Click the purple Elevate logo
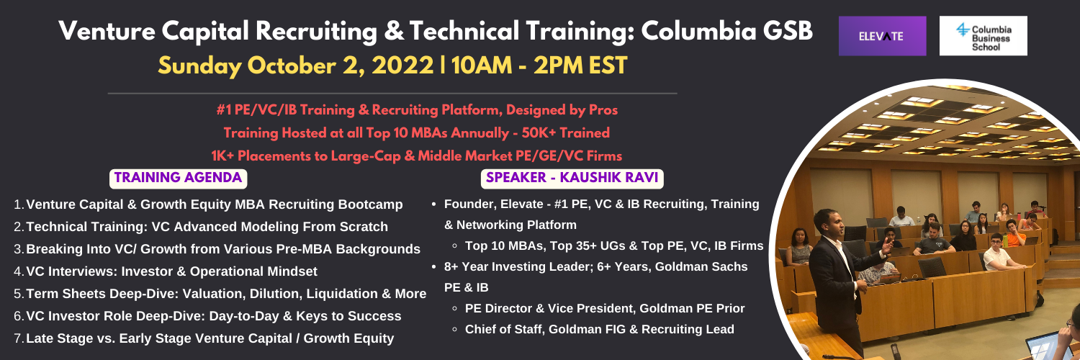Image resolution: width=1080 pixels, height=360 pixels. pyautogui.click(x=882, y=36)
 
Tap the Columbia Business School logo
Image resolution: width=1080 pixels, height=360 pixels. pyautogui.click(x=983, y=36)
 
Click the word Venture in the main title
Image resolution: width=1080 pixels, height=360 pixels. pyautogui.click(x=107, y=32)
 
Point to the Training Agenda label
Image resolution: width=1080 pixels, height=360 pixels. pyautogui.click(x=178, y=179)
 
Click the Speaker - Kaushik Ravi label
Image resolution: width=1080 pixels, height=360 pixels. pyautogui.click(x=572, y=179)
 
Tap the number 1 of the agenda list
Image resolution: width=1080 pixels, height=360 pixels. pyautogui.click(x=18, y=204)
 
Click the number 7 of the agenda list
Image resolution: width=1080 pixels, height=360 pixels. pyautogui.click(x=18, y=338)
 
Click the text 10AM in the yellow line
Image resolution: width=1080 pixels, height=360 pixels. pyautogui.click(x=482, y=66)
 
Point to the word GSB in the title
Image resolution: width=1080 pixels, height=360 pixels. pyautogui.click(x=788, y=32)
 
